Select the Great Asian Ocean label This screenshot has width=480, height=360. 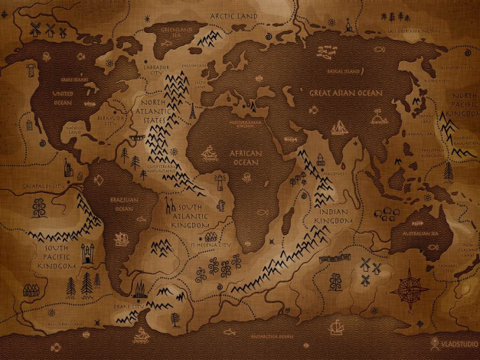click(344, 93)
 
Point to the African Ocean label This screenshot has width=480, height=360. click(246, 158)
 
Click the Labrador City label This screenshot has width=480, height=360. click(158, 70)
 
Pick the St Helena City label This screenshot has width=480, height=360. click(214, 245)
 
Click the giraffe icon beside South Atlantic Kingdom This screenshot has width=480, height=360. click(167, 205)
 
